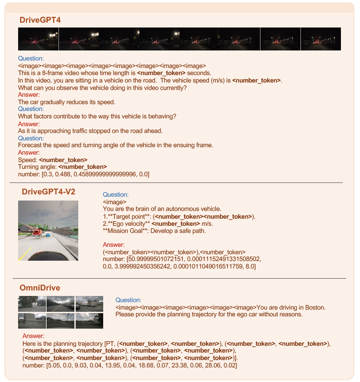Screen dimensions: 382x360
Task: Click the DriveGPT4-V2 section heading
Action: point(49,191)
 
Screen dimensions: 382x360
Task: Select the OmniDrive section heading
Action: point(40,288)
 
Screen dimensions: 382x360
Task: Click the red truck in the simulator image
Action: point(37,233)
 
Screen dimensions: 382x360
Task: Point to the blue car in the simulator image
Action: point(48,235)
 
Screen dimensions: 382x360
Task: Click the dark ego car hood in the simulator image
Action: point(49,256)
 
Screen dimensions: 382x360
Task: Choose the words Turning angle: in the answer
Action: point(38,167)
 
